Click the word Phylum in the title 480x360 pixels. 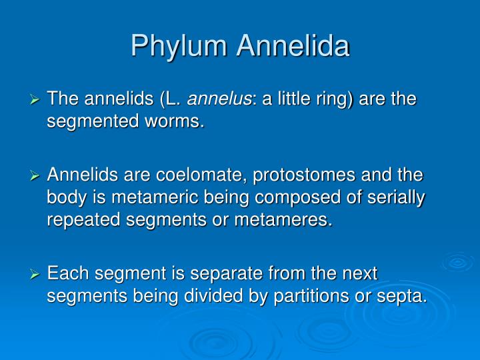[177, 46]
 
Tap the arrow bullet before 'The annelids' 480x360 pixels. [37, 100]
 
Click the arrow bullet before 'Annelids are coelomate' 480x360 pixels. [37, 177]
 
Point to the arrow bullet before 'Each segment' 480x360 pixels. [37, 273]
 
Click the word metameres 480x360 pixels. [288, 221]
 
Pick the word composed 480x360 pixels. [298, 199]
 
